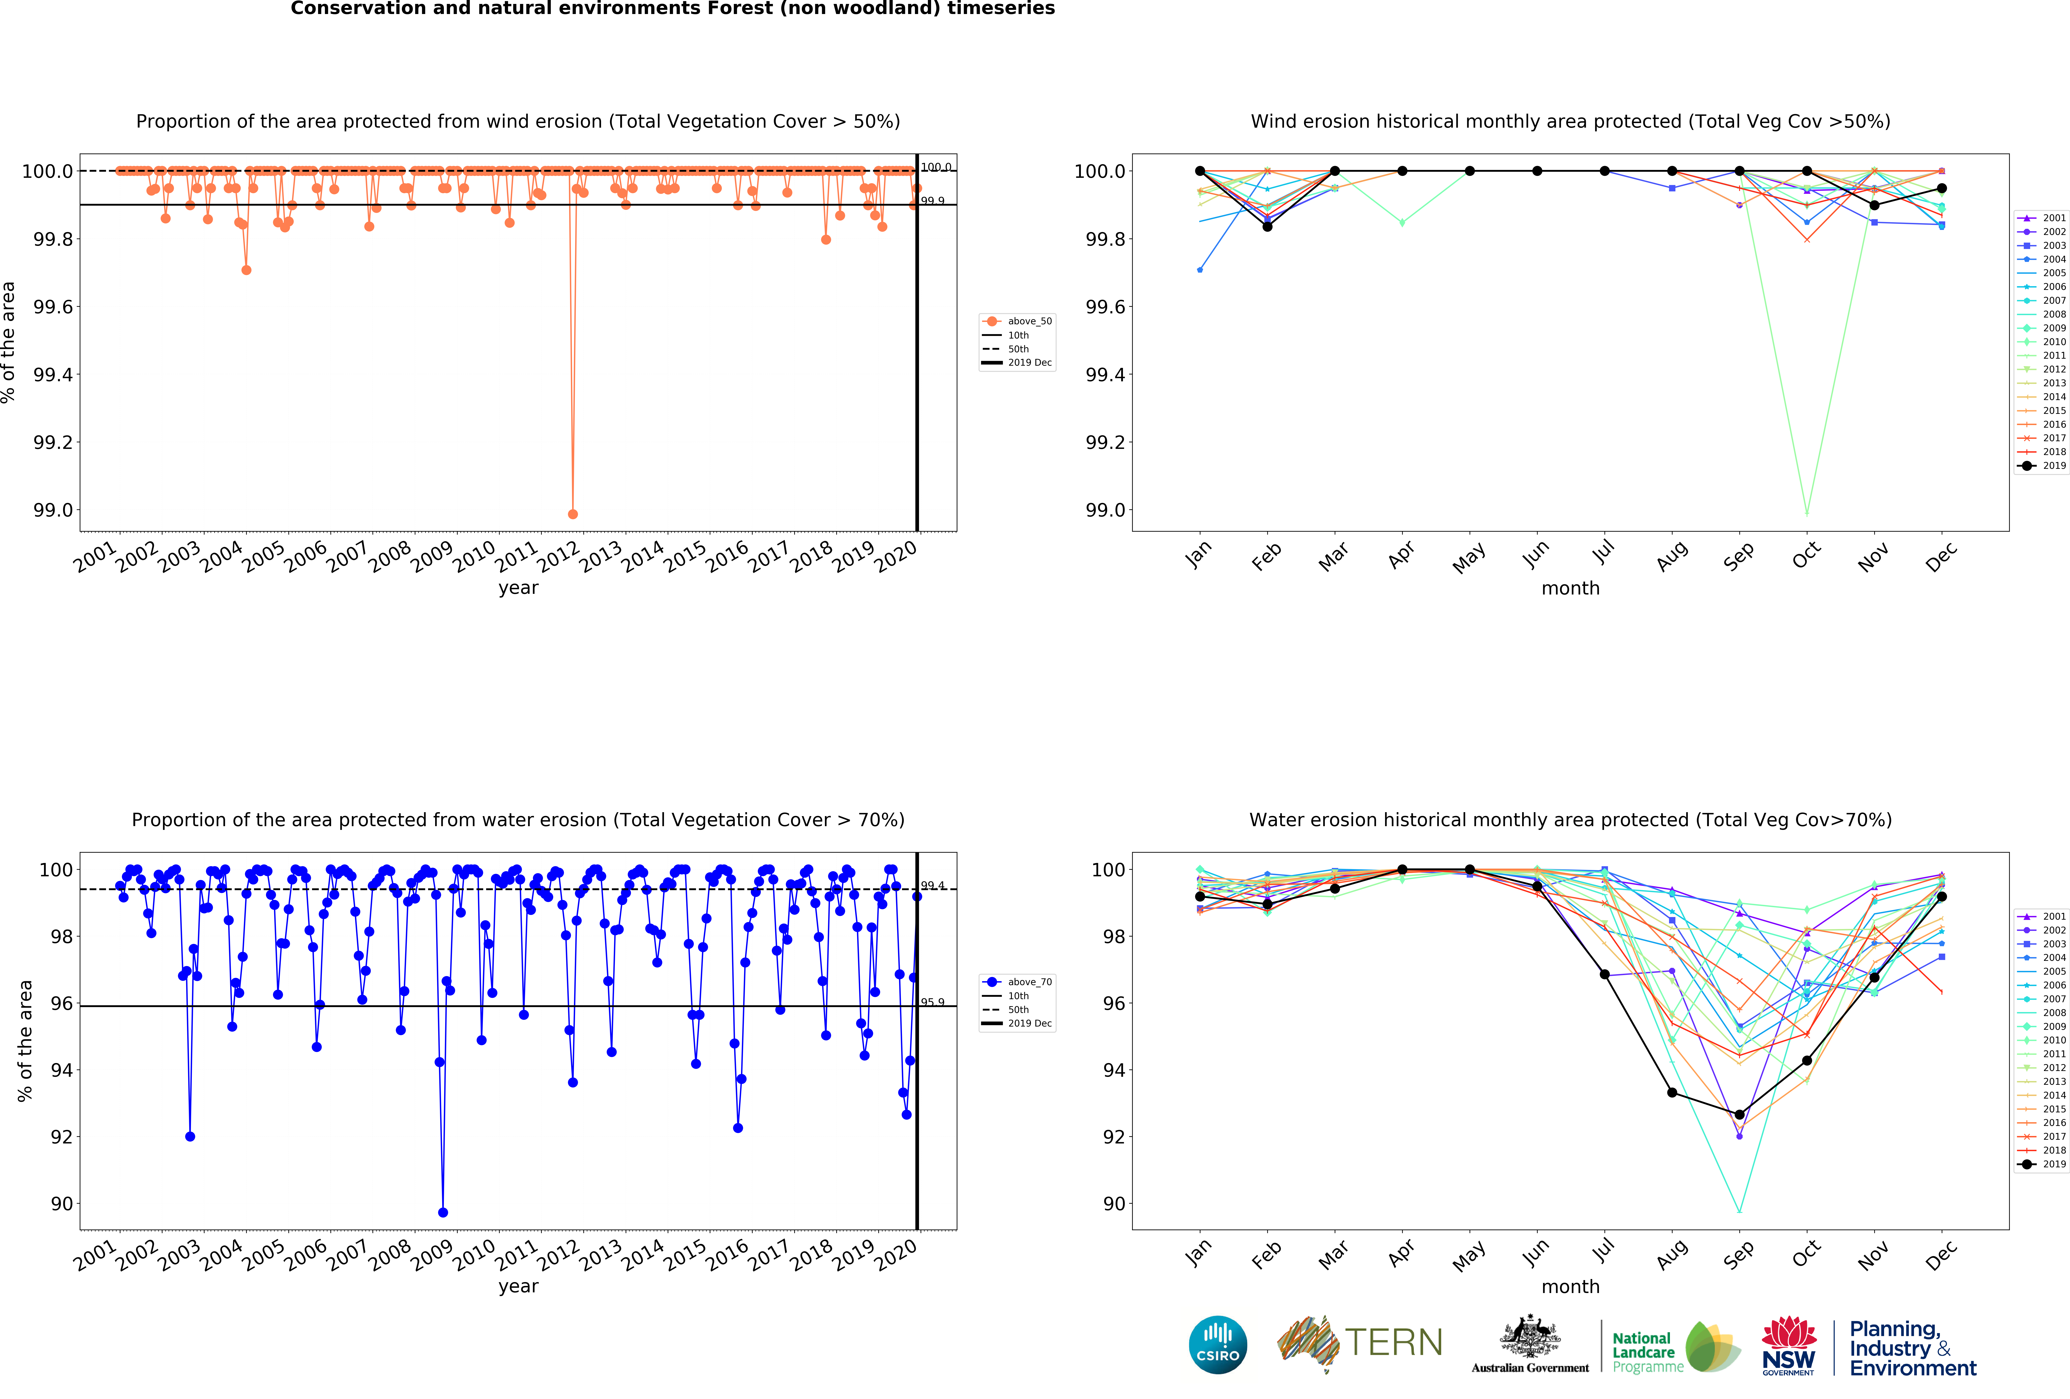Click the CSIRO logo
click(x=1218, y=1345)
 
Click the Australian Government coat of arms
click(x=1529, y=1336)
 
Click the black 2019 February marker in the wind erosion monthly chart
click(x=1267, y=226)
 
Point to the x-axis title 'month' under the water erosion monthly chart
click(x=1570, y=1287)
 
